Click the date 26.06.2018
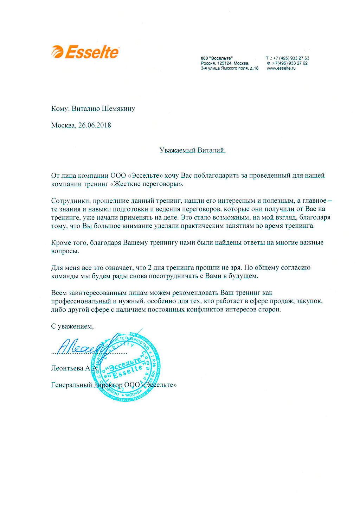(x=95, y=125)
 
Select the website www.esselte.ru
(x=281, y=68)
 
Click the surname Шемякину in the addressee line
(x=118, y=108)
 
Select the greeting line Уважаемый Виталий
(x=192, y=150)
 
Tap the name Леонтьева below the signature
(x=67, y=368)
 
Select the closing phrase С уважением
(x=72, y=326)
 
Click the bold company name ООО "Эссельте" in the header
(x=217, y=58)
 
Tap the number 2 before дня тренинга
(x=150, y=268)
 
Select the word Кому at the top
(x=59, y=108)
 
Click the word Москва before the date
(x=63, y=125)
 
